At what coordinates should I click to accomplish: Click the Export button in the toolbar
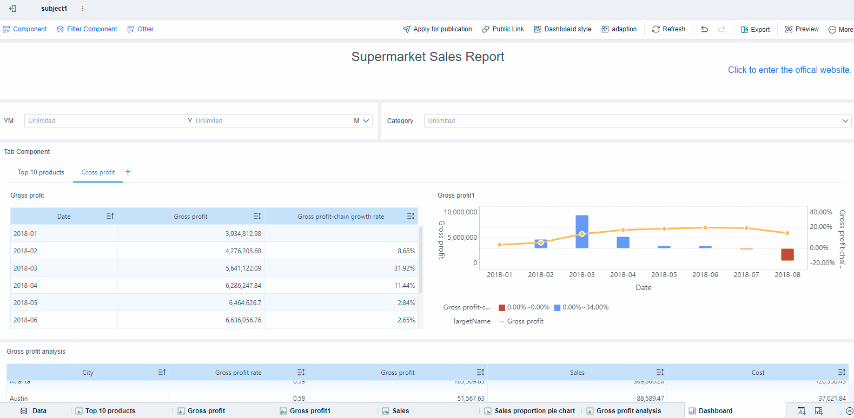coord(755,30)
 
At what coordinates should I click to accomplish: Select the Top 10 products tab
coord(41,172)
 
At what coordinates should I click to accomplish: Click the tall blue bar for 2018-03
coord(582,231)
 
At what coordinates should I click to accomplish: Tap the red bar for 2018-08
coord(787,254)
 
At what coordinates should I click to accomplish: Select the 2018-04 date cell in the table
coord(25,286)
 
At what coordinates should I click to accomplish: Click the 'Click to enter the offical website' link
coord(789,70)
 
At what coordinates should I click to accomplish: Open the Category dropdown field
coord(637,121)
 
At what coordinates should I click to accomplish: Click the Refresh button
coord(668,29)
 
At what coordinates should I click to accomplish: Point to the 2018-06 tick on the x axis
coord(705,275)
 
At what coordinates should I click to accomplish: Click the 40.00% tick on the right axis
coord(820,212)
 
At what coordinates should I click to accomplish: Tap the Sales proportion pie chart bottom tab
coord(534,411)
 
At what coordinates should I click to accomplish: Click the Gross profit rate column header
coord(238,373)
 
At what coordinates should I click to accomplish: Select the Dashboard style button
coord(562,29)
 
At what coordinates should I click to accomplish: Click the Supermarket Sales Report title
coord(427,57)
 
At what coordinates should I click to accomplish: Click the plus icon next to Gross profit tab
coord(128,172)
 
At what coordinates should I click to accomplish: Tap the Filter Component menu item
coord(87,29)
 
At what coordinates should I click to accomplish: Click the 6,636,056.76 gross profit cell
coord(243,320)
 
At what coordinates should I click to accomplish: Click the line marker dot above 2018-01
coord(500,245)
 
